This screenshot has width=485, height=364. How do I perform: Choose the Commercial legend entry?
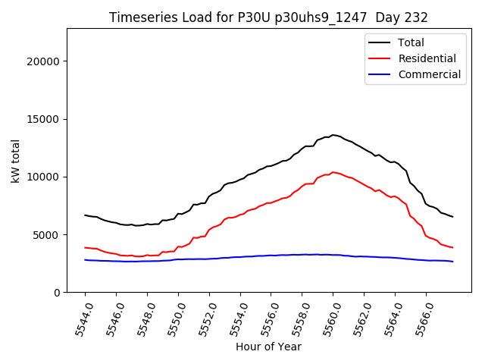(429, 74)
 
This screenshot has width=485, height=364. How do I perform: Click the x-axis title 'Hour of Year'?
(268, 347)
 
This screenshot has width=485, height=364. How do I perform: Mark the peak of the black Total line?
(333, 135)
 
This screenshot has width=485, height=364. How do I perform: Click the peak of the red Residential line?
(333, 172)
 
